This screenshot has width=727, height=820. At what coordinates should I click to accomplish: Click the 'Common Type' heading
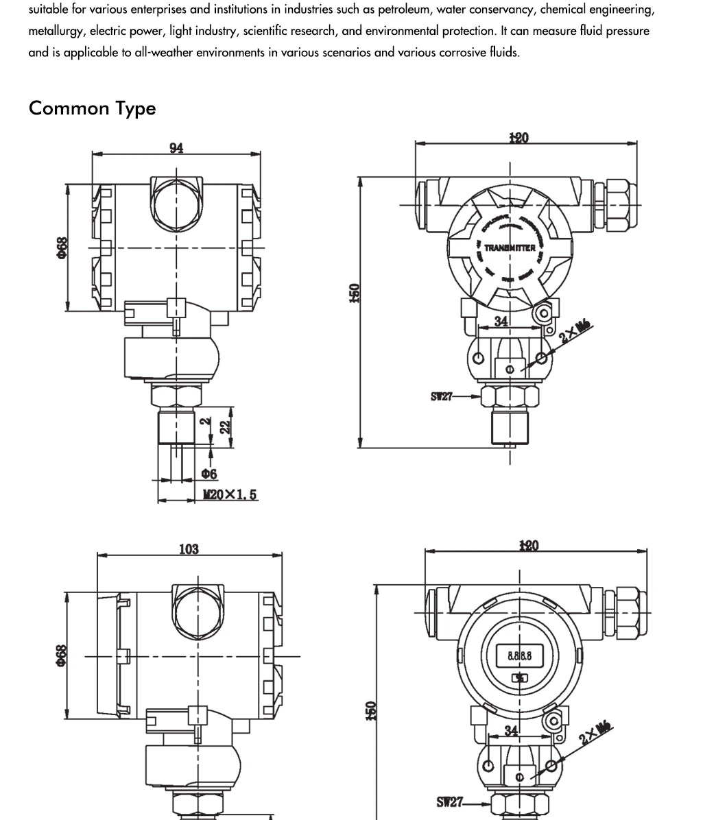click(x=92, y=108)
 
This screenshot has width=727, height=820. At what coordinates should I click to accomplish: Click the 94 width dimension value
click(x=176, y=148)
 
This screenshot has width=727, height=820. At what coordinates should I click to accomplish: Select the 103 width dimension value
click(x=189, y=549)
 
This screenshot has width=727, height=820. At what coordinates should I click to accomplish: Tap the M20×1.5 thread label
click(x=230, y=494)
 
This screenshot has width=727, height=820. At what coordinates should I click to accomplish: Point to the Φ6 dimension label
click(x=209, y=474)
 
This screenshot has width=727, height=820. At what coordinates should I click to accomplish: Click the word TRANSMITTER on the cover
click(x=510, y=248)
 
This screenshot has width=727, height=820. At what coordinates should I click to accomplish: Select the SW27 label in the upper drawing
click(x=442, y=396)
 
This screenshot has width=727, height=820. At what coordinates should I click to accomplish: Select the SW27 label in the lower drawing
click(x=450, y=801)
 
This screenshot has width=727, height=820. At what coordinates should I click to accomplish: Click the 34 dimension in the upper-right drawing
click(x=501, y=321)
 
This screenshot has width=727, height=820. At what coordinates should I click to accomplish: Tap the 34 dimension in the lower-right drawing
click(x=512, y=731)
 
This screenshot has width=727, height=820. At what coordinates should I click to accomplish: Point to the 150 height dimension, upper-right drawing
click(x=354, y=293)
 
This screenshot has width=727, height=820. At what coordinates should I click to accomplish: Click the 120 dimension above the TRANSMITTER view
click(x=519, y=138)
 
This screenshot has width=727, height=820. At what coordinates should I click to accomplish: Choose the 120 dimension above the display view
click(x=529, y=546)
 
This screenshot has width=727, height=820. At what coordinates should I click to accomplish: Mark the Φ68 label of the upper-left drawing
click(x=62, y=248)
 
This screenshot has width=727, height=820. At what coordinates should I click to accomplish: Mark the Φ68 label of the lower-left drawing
click(x=62, y=655)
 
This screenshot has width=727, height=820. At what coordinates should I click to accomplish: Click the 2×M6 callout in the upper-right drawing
click(x=575, y=331)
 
